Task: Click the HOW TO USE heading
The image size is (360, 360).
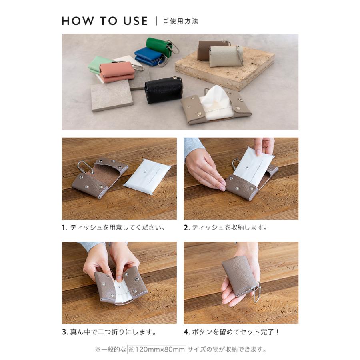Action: pyautogui.click(x=105, y=21)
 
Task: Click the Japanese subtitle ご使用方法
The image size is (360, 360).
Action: pyautogui.click(x=180, y=21)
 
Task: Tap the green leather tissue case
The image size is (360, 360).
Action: pyautogui.click(x=159, y=46)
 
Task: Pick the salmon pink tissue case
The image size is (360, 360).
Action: pyautogui.click(x=117, y=71)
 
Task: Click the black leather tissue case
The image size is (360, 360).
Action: pyautogui.click(x=163, y=90)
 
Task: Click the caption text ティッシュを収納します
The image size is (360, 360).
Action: pyautogui.click(x=229, y=228)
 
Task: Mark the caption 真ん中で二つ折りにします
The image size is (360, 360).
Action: pyautogui.click(x=113, y=332)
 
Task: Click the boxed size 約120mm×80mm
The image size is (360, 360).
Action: pyautogui.click(x=156, y=350)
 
